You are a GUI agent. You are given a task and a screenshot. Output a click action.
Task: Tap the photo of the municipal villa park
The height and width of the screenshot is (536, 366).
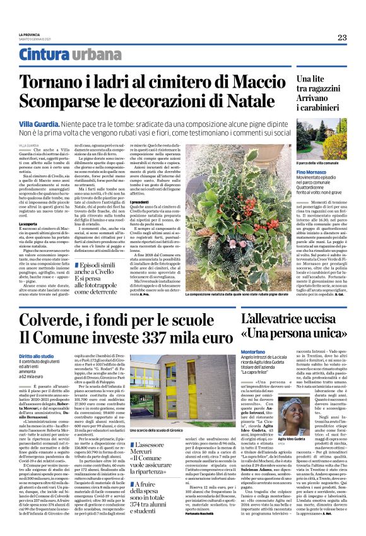point(321,140)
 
